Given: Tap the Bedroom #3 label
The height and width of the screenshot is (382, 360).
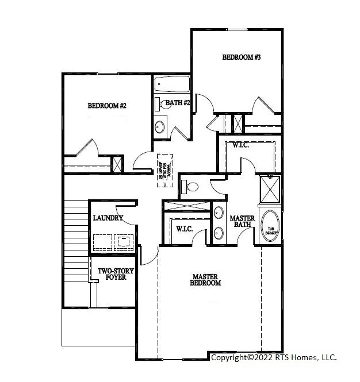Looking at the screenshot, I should tap(242, 57).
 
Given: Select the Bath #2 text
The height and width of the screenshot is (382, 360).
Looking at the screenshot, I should tap(178, 103).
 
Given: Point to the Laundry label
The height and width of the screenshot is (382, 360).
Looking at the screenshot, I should tap(108, 218).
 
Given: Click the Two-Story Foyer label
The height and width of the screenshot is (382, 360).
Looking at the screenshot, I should tap(112, 274).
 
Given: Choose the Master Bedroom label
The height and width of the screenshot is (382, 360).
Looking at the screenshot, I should tap(206, 280).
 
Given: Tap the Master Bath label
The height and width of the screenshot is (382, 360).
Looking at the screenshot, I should tap(242, 222).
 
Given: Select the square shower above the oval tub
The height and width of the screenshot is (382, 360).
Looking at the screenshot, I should tap(269, 189).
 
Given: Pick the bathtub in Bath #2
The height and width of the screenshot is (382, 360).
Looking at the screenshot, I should tap(172, 86).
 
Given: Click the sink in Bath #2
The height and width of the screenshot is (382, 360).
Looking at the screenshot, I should tap(160, 126).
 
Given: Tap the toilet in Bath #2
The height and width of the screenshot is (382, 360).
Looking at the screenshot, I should tap(158, 104).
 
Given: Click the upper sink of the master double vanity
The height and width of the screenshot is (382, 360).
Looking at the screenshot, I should tap(219, 213).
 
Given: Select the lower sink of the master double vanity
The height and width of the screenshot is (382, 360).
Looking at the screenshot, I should tap(219, 233).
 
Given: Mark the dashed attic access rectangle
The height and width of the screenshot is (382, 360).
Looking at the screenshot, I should tap(166, 170).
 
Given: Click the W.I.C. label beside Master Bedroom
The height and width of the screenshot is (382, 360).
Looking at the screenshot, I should tap(183, 229).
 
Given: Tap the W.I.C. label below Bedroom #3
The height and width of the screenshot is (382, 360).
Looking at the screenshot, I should tap(240, 145).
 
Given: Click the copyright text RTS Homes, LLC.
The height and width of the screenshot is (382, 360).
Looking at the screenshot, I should tap(274, 357).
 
